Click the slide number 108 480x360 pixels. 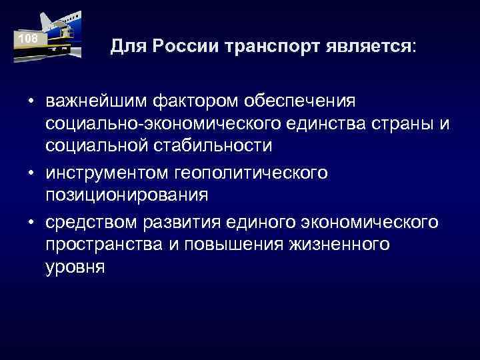coord(28,39)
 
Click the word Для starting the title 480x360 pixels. coord(125,47)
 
